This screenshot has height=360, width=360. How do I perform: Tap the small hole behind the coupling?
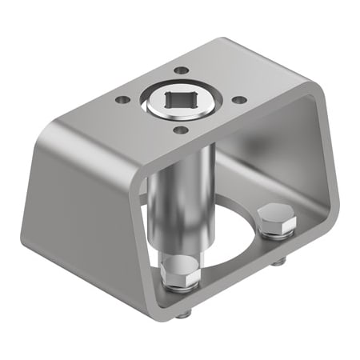(183, 70)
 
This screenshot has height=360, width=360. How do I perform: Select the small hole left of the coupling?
(122, 100)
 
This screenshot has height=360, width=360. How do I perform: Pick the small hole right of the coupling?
(239, 100)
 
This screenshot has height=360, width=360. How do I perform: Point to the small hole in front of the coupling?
(182, 130)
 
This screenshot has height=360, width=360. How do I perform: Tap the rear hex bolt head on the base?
(277, 217)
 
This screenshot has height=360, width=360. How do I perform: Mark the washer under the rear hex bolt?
(277, 233)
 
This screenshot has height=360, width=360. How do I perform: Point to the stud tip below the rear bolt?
(277, 262)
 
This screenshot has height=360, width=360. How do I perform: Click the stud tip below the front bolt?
(182, 314)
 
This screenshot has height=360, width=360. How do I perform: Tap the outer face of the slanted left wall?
(80, 200)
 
